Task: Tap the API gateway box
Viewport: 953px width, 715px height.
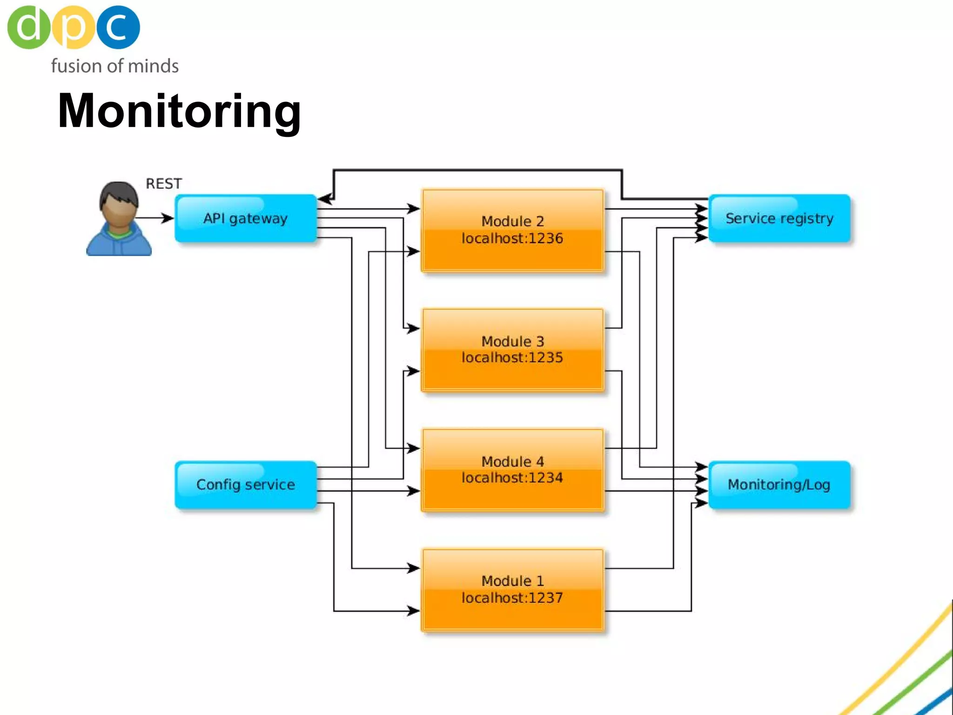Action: pos(246,218)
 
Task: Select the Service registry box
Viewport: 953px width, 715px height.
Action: pos(779,218)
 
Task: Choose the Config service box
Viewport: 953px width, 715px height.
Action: pos(246,485)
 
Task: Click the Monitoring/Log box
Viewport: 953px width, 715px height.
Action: pos(779,485)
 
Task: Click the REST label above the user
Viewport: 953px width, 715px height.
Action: pos(164,184)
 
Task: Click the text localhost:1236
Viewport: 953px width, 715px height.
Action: pos(512,238)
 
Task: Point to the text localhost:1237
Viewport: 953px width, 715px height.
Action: pos(512,598)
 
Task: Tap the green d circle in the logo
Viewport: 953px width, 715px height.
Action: pos(28,27)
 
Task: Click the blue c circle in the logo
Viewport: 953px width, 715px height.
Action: pos(118,27)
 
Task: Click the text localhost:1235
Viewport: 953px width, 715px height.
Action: pos(512,357)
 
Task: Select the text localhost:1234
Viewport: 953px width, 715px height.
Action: pos(512,478)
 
